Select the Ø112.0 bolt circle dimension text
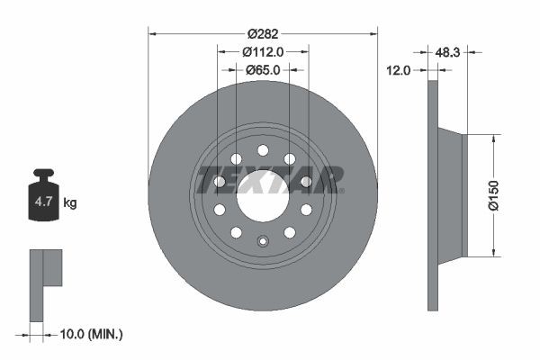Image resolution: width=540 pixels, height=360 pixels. tap(263, 51)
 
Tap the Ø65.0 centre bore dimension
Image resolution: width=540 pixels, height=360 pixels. tap(263, 69)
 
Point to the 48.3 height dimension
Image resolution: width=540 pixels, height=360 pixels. tap(447, 53)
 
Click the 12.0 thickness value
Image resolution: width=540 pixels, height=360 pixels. tap(398, 69)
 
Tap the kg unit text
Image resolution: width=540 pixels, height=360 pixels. tap(70, 203)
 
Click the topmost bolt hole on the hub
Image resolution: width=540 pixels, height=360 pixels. tap(263, 150)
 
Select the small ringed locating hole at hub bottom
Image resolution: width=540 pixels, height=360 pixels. tap(263, 240)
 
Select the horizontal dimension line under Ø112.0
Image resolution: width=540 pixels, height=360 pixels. tap(263, 61)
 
